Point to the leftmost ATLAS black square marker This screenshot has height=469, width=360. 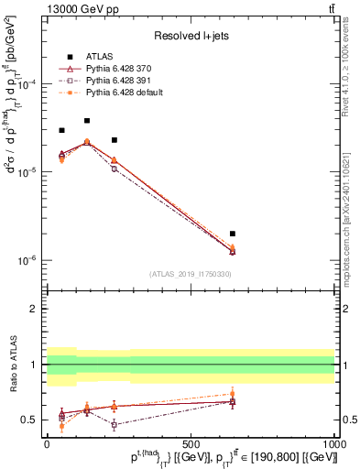(61, 130)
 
